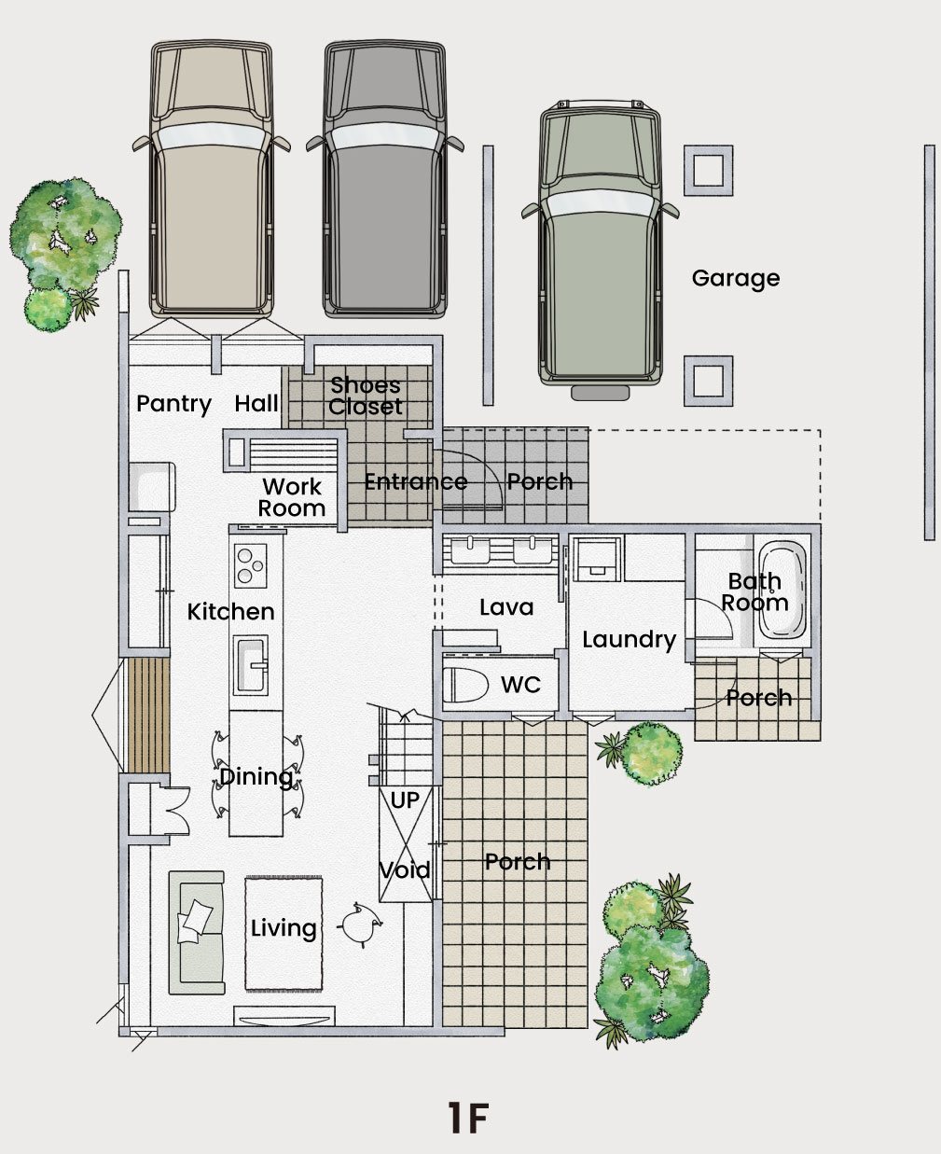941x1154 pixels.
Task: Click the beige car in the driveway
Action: (211, 179)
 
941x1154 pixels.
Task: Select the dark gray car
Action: (384, 179)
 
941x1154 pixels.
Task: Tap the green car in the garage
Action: (601, 250)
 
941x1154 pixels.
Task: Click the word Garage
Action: (736, 279)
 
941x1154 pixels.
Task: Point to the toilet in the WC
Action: (465, 685)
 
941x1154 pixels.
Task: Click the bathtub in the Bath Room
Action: (782, 589)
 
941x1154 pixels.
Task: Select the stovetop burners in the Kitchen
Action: (251, 565)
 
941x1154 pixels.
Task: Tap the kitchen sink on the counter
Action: (250, 665)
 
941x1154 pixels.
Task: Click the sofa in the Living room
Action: (197, 933)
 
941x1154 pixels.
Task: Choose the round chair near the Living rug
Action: (361, 925)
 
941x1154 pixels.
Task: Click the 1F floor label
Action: (468, 1118)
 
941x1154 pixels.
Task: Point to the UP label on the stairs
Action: (405, 801)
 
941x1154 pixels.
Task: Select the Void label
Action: (405, 870)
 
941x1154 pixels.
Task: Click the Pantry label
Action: (174, 404)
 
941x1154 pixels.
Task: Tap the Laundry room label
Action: (630, 640)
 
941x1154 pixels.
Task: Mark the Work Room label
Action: (292, 497)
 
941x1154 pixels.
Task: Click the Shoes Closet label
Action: (366, 396)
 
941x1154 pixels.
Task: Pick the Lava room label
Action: (506, 607)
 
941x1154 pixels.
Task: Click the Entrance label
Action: (416, 482)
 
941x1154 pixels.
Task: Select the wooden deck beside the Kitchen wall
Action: (149, 716)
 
